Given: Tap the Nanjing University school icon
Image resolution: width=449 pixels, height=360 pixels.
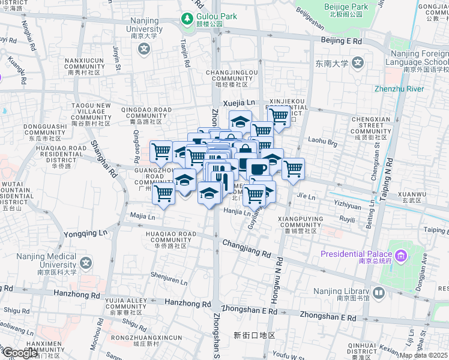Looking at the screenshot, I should (143, 49).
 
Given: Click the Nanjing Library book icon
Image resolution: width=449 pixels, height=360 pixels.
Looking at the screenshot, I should (378, 293).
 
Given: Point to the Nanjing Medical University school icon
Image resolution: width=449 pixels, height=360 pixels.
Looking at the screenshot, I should (87, 263).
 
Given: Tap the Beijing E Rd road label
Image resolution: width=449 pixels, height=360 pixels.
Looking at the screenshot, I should (341, 41).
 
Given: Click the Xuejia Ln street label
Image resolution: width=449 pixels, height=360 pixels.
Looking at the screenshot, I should (239, 103).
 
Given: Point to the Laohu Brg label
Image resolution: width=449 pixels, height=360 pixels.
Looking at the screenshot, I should (324, 142).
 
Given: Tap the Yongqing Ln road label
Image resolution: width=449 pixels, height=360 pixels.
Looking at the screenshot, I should (85, 233).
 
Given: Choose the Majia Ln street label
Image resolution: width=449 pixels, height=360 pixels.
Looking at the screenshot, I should (142, 216).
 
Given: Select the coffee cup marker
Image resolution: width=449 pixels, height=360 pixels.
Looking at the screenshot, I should (258, 169).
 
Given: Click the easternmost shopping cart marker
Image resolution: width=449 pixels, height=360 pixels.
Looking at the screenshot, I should (293, 169).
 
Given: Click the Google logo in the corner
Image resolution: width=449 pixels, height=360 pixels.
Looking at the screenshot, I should (20, 353).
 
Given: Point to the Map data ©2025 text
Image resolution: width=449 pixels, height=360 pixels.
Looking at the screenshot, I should (424, 355).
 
